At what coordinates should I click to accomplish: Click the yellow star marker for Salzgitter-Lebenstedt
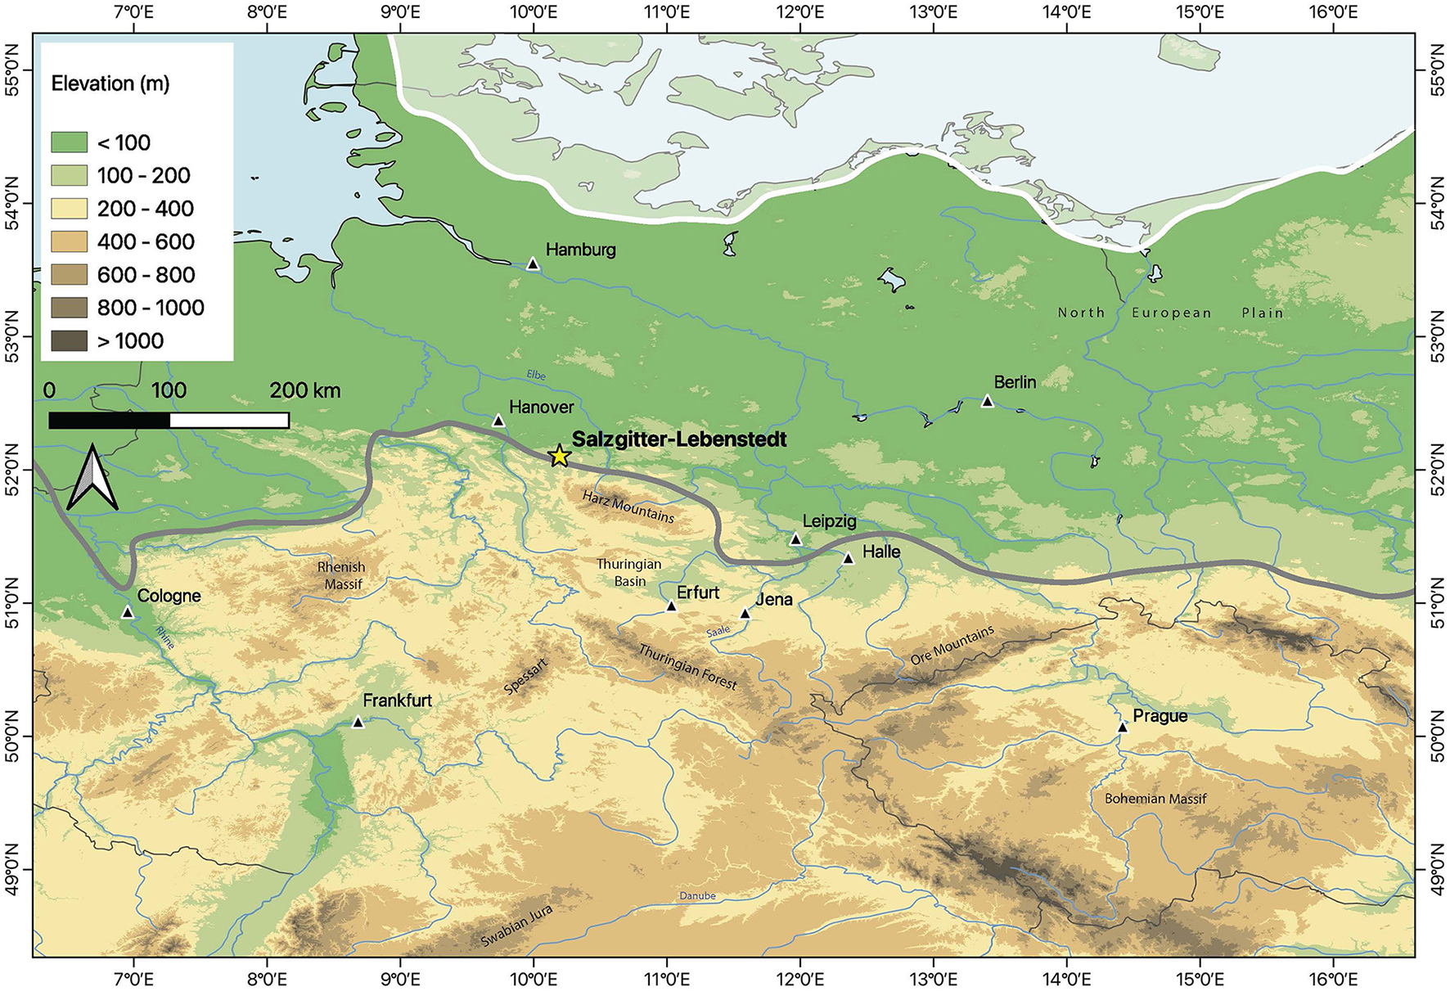coord(559,456)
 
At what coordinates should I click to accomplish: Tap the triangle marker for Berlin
coord(987,402)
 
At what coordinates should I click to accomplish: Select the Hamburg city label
coord(580,250)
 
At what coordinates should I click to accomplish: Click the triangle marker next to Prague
coord(1123,727)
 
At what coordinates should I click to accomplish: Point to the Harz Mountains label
coord(628,507)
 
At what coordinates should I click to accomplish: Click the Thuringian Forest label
coord(687,667)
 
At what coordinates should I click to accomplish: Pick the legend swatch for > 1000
coord(69,341)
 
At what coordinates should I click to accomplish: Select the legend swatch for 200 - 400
coord(69,209)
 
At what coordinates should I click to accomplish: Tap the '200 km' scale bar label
coord(304,390)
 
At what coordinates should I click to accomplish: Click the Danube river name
coord(697,896)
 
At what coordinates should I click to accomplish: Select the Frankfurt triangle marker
coord(358,722)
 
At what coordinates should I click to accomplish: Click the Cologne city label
coord(169,596)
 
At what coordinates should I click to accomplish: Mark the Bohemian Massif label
coord(1155,799)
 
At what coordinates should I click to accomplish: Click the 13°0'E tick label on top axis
coord(933,12)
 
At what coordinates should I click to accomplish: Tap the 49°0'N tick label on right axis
coord(1435,870)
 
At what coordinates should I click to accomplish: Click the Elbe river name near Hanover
coord(536,376)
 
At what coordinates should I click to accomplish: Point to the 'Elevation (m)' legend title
coord(110,83)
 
